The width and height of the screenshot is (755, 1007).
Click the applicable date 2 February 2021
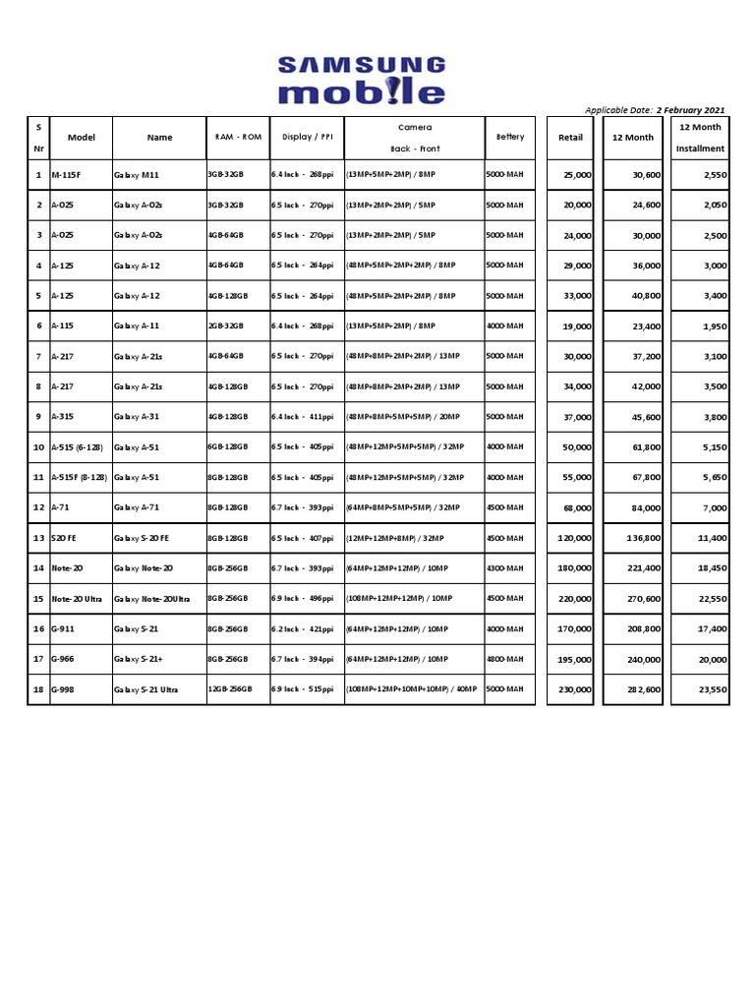(x=655, y=110)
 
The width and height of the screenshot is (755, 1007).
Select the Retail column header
(x=570, y=138)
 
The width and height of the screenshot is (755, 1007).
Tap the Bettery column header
(x=510, y=138)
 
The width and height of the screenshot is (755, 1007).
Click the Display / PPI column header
(x=307, y=138)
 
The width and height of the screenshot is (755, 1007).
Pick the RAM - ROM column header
(x=238, y=138)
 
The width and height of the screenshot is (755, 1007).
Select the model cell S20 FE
(x=64, y=538)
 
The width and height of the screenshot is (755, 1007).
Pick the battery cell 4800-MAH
(x=505, y=660)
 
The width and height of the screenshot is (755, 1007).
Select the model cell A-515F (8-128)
(x=80, y=477)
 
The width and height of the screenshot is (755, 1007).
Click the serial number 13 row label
(x=39, y=538)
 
